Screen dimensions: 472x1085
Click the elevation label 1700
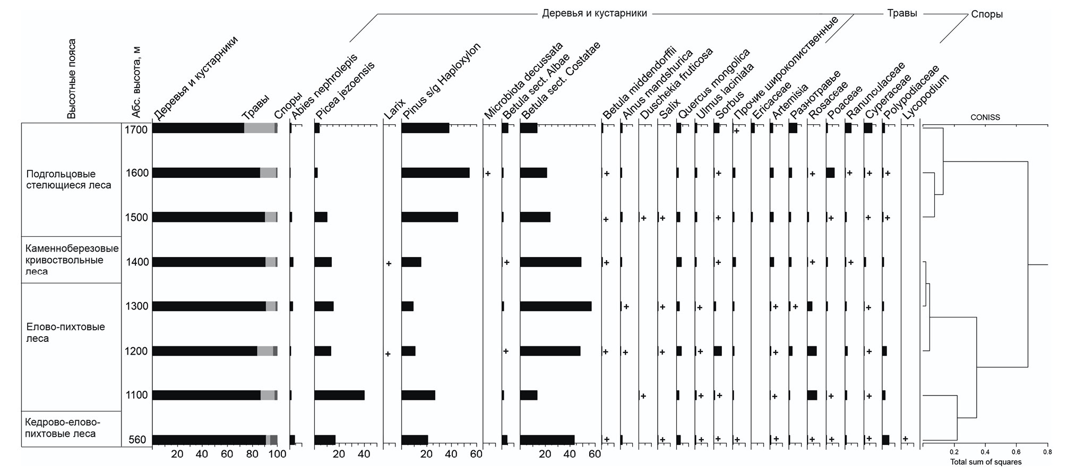click(136, 129)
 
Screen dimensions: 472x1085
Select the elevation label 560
click(137, 440)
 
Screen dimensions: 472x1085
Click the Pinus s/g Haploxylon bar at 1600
click(435, 173)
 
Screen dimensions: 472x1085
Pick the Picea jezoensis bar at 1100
click(339, 395)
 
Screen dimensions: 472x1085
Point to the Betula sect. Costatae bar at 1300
click(555, 306)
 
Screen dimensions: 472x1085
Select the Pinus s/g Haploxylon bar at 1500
click(429, 217)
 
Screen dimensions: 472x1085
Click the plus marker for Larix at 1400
click(389, 263)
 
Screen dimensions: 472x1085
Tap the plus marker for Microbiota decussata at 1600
click(488, 174)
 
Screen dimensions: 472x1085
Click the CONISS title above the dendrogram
click(985, 117)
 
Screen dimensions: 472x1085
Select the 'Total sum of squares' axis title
click(985, 462)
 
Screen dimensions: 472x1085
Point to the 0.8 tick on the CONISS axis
click(1047, 452)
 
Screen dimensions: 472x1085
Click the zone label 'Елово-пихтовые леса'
click(66, 332)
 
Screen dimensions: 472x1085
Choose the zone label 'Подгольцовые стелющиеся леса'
click(68, 179)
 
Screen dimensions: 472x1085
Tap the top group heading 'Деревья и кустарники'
click(594, 13)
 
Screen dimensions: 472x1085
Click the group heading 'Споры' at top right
click(987, 14)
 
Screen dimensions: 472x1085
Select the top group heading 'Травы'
click(902, 13)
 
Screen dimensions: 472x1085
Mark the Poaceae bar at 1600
click(830, 173)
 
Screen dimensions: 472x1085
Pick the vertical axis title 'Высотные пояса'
click(72, 79)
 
